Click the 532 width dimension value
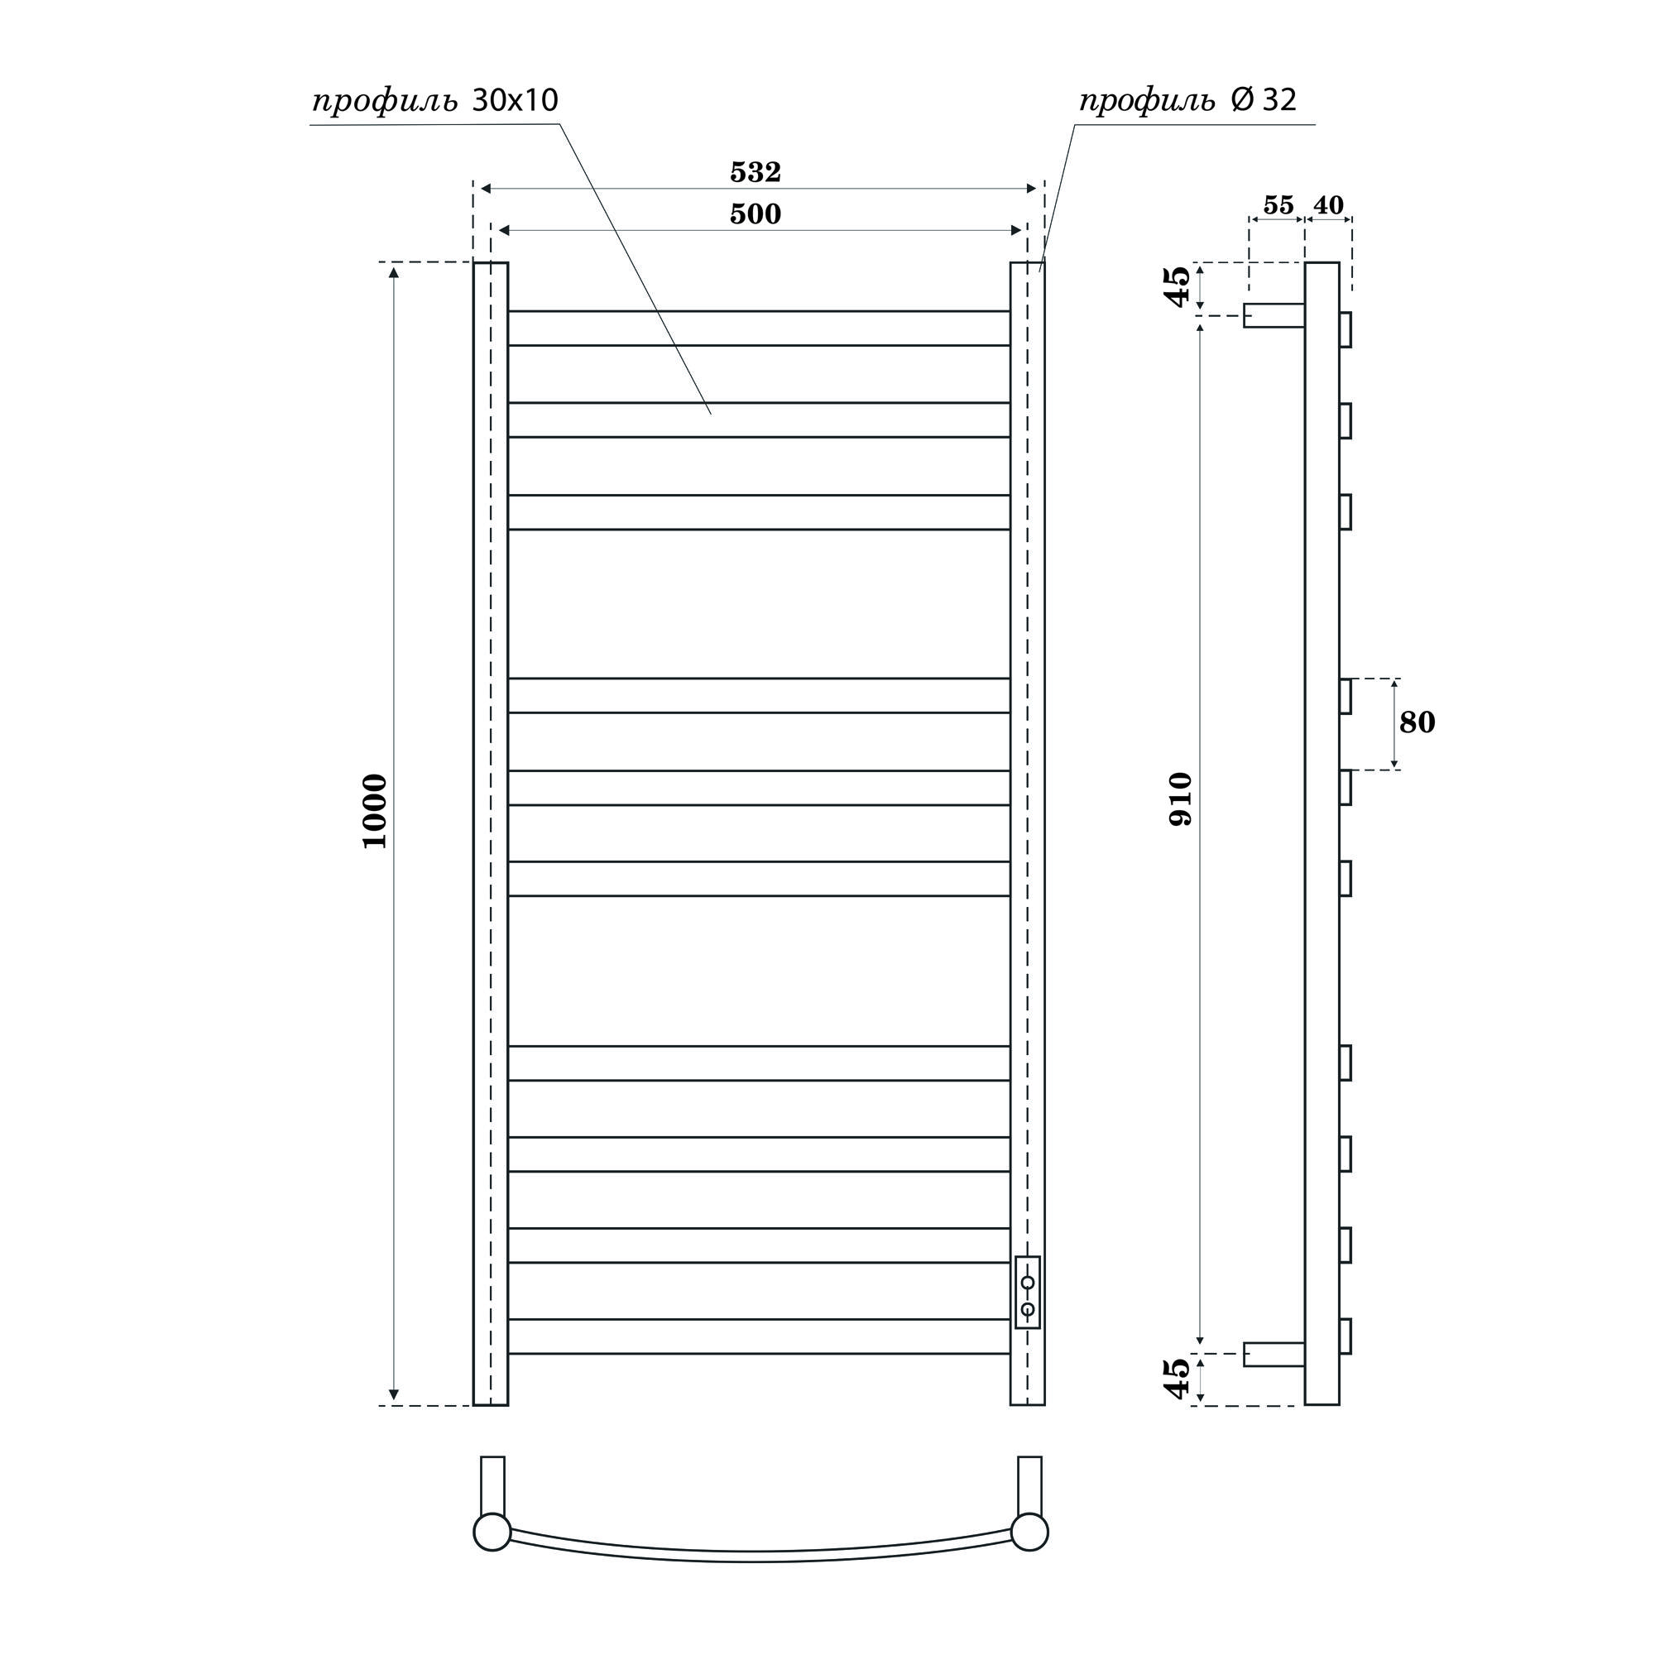pyautogui.click(x=755, y=172)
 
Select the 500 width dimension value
pyautogui.click(x=755, y=213)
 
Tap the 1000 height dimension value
pyautogui.click(x=375, y=810)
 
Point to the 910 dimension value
pyautogui.click(x=1181, y=799)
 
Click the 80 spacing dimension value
pyautogui.click(x=1417, y=722)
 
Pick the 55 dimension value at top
pyautogui.click(x=1277, y=205)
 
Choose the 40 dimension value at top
pyautogui.click(x=1328, y=205)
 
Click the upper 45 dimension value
pyautogui.click(x=1179, y=286)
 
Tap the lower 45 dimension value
pyautogui.click(x=1179, y=1379)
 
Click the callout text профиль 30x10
pyautogui.click(x=434, y=101)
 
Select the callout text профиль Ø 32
pyautogui.click(x=1187, y=101)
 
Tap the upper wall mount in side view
pyautogui.click(x=1274, y=315)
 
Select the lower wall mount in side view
pyautogui.click(x=1274, y=1355)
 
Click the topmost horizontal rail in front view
pyautogui.click(x=758, y=328)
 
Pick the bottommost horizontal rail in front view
pyautogui.click(x=758, y=1336)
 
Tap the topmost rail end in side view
pyautogui.click(x=1345, y=330)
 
